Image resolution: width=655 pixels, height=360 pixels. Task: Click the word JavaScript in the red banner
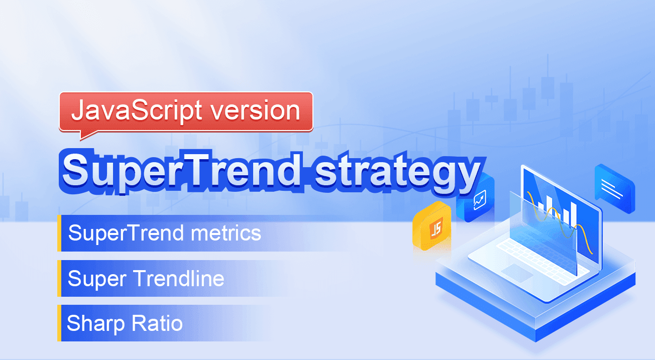137,110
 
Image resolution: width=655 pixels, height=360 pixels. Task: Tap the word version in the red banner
256,110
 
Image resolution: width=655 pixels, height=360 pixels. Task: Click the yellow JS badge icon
432,226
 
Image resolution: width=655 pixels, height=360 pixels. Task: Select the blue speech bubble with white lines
615,189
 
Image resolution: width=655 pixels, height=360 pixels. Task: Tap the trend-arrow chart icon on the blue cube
480,200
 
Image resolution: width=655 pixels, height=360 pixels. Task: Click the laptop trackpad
517,273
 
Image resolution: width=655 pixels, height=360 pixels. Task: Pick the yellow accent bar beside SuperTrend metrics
59,233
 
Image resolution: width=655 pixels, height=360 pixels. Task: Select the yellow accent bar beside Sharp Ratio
59,323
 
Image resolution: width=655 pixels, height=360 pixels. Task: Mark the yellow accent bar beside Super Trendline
59,278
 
